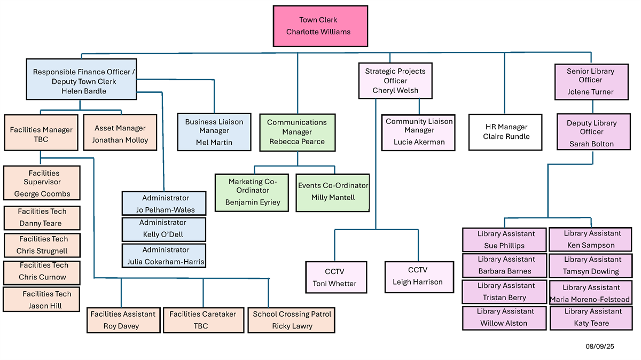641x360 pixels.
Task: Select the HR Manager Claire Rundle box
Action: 506,132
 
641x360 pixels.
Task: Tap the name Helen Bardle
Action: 84,91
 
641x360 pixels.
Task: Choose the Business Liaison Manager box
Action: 214,132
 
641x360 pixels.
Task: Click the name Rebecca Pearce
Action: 297,142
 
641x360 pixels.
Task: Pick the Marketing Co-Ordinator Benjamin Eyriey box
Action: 252,192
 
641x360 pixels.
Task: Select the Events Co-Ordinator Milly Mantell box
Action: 333,192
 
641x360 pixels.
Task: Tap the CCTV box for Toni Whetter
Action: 336,277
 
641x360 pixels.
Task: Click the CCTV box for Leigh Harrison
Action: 418,276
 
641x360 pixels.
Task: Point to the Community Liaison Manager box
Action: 419,132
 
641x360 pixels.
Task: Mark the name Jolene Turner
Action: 591,92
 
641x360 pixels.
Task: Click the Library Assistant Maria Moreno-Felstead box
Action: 592,293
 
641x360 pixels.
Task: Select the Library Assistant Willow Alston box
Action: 504,318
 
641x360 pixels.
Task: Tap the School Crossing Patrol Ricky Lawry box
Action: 292,320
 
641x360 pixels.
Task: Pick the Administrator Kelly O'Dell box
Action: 163,229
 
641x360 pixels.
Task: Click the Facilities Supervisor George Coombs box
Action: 42,183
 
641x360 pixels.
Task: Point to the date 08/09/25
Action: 600,347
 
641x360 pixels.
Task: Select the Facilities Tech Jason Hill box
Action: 42,300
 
